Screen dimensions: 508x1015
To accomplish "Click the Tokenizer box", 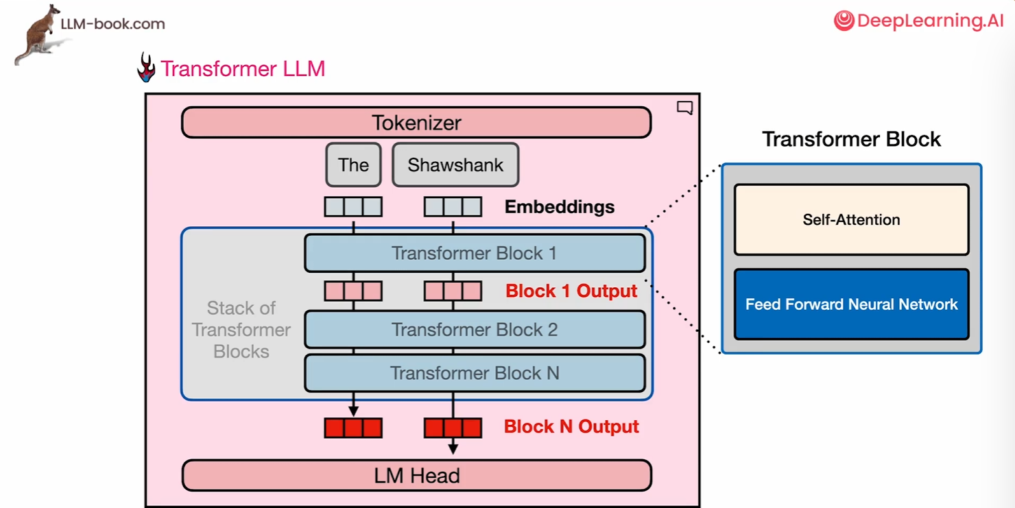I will tap(416, 123).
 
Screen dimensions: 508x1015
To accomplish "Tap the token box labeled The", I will tap(353, 165).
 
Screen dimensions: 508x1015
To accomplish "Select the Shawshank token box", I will tap(455, 165).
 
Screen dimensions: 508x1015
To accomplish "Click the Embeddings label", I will tap(560, 206).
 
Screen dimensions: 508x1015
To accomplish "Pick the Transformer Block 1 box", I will tap(475, 253).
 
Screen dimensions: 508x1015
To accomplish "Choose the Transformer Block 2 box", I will tap(475, 330).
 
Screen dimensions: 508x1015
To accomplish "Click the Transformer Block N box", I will tap(475, 373).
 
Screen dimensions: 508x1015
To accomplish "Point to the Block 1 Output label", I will tap(571, 291).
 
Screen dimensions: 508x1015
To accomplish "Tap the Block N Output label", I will tap(571, 426).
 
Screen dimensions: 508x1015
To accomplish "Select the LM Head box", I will tap(416, 475).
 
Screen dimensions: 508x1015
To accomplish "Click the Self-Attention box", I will tap(851, 219).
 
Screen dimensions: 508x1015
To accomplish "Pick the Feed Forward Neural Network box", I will tap(851, 304).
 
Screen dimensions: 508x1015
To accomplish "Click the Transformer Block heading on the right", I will tap(851, 139).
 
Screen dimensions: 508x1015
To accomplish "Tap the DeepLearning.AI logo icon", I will tap(844, 21).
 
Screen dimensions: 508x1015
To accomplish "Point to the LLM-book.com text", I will tap(112, 24).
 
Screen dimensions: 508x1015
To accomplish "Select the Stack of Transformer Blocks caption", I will tap(241, 330).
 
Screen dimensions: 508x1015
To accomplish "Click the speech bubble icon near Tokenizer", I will tap(684, 108).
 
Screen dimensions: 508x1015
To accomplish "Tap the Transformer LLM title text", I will tap(243, 69).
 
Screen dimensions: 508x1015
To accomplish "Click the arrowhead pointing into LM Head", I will tap(453, 449).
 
